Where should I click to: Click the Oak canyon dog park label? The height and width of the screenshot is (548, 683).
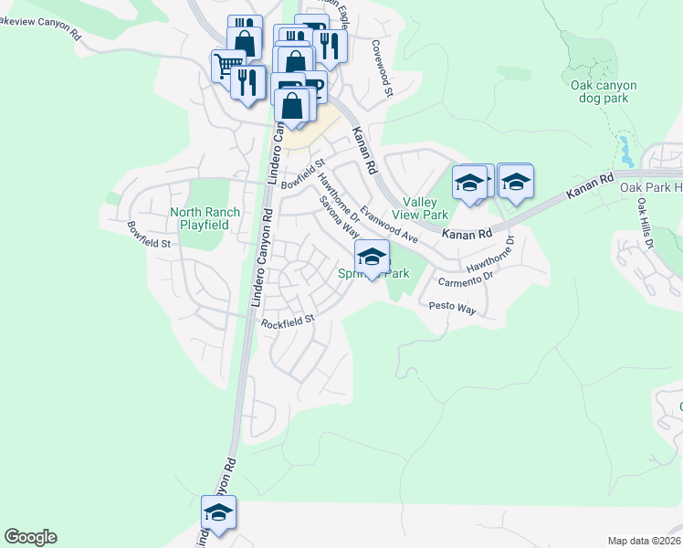(604, 91)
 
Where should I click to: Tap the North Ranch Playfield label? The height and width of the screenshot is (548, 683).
(205, 218)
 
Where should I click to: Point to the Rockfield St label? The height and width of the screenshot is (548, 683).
(287, 321)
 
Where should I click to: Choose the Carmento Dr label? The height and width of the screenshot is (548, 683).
(465, 277)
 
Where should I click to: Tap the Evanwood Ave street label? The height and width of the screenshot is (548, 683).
(388, 224)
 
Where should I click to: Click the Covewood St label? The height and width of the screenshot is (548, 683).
(383, 68)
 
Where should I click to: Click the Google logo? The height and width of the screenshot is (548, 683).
(30, 537)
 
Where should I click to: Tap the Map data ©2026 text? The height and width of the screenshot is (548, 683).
(644, 540)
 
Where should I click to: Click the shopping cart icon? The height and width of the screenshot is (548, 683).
(227, 66)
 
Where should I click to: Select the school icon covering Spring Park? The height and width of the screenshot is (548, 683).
(372, 257)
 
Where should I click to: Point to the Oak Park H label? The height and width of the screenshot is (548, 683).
(651, 187)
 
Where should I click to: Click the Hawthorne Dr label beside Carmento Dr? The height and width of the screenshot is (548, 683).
(491, 255)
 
